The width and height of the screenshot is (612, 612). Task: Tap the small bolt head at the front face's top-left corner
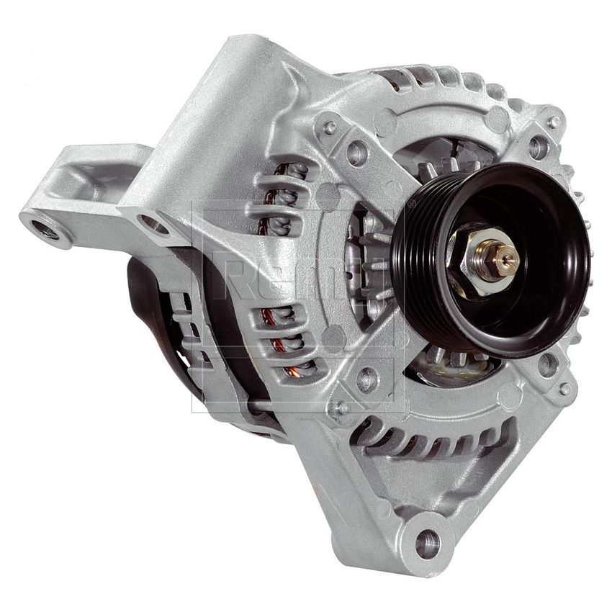(330, 127)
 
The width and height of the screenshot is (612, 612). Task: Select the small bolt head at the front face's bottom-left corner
(339, 408)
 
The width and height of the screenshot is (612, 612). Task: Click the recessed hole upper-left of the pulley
(357, 153)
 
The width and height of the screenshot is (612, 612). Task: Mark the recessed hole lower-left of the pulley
(367, 377)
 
